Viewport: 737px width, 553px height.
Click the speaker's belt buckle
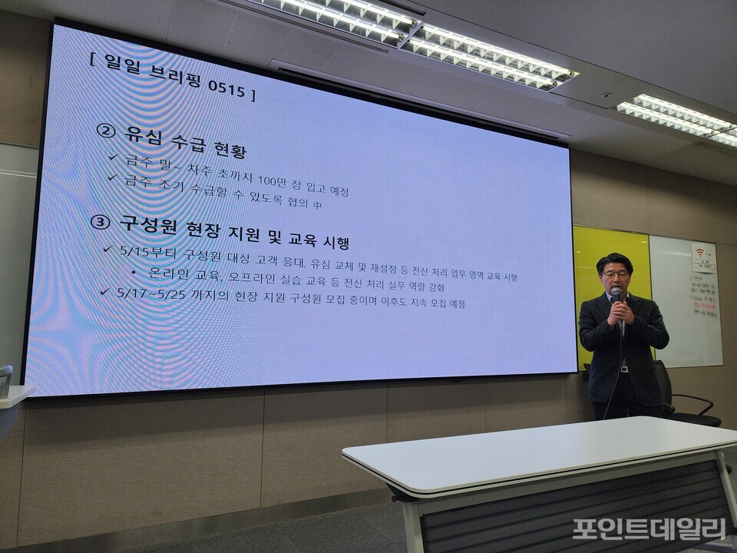pos(624,369)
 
